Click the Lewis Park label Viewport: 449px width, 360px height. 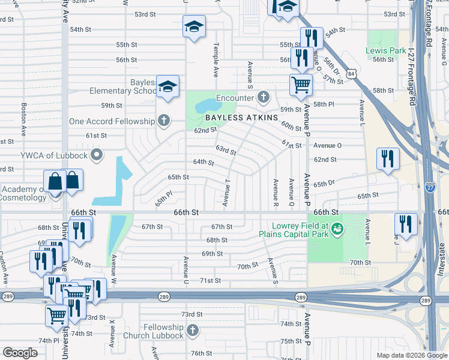[x=386, y=51]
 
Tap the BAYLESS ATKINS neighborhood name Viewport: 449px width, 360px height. [x=246, y=118]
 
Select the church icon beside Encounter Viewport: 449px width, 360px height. [x=263, y=97]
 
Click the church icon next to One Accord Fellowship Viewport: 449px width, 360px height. [x=163, y=121]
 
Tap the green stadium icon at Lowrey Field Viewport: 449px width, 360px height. [x=337, y=228]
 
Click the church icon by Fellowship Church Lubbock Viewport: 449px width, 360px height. [x=192, y=331]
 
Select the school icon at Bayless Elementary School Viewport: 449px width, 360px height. [x=168, y=86]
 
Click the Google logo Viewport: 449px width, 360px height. [x=20, y=353]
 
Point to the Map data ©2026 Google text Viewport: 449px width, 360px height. [x=411, y=355]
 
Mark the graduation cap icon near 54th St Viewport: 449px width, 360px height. [x=194, y=28]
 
